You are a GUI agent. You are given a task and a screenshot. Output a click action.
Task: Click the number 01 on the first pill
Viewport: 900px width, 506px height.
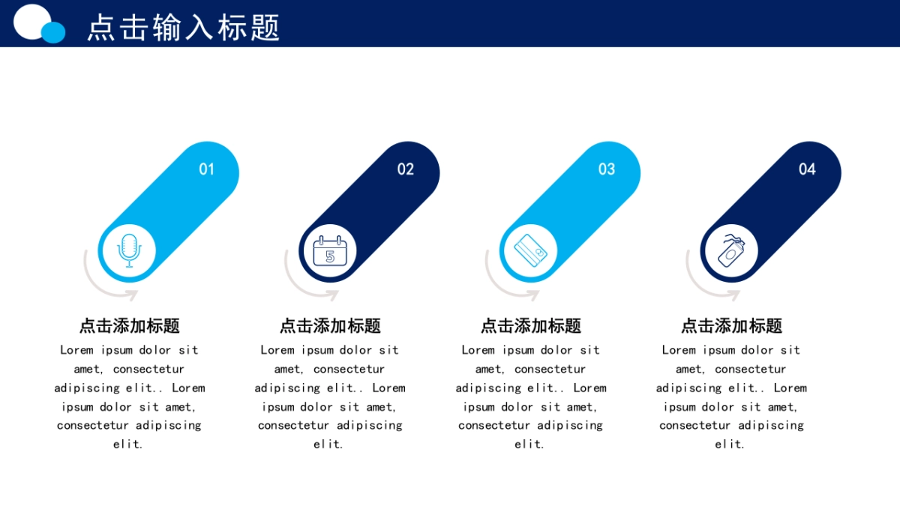(206, 169)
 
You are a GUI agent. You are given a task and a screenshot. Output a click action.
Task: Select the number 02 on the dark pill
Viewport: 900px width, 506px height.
(406, 169)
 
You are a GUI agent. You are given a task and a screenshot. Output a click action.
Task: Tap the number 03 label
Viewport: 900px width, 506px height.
(607, 169)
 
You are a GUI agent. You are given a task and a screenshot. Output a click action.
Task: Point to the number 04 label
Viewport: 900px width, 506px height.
(807, 169)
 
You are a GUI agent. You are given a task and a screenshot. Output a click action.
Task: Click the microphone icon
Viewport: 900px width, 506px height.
(129, 250)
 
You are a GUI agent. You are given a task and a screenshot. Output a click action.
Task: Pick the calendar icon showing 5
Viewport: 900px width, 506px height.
(330, 251)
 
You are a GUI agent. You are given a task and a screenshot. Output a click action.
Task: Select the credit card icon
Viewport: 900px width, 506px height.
(530, 250)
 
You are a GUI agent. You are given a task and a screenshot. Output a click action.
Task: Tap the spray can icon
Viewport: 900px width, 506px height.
(731, 250)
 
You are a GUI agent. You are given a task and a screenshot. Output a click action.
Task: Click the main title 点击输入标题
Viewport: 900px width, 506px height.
(183, 27)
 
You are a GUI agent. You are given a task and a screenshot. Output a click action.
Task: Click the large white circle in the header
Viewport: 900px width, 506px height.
(31, 22)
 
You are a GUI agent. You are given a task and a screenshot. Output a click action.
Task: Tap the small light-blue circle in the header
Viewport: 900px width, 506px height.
(53, 32)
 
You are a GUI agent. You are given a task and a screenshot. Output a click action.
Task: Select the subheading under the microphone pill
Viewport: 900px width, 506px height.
(129, 325)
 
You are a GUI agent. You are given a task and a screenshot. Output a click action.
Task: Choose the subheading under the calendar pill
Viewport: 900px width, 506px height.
(330, 325)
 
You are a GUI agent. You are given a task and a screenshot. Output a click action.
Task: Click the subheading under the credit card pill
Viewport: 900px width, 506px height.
(531, 325)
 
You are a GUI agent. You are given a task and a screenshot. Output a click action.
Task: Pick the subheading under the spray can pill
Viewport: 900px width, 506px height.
(731, 325)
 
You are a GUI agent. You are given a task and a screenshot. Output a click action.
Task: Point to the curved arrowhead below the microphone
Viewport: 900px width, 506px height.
(132, 295)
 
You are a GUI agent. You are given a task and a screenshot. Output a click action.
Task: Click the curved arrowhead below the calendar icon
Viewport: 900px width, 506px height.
(333, 295)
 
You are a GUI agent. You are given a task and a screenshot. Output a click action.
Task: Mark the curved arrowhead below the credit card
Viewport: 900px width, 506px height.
(533, 295)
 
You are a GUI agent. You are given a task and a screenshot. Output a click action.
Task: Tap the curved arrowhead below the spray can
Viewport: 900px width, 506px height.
(734, 295)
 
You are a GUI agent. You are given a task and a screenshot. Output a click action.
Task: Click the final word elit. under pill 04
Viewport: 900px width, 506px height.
(730, 444)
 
